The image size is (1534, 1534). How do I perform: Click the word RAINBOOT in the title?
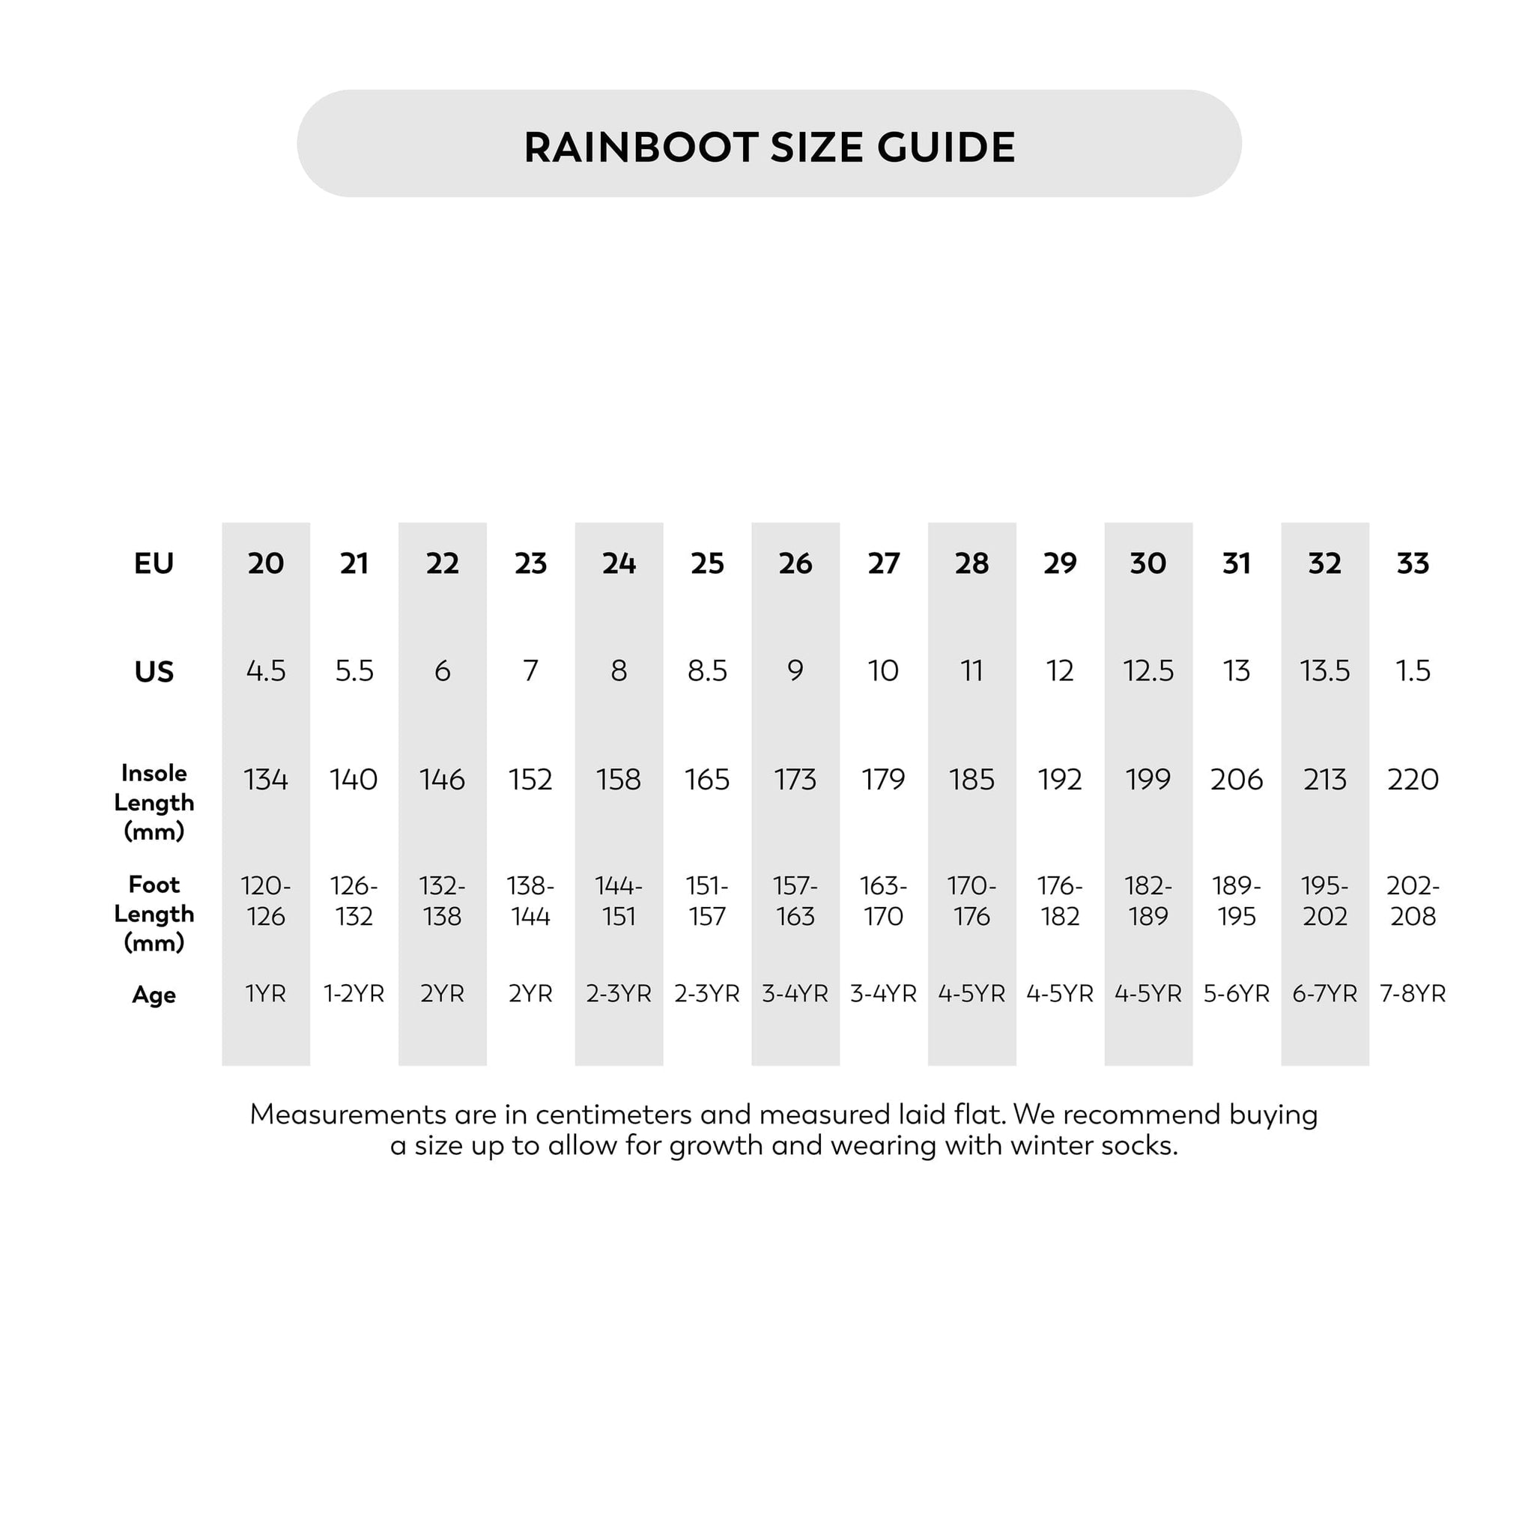click(640, 148)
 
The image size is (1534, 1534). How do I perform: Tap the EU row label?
click(154, 564)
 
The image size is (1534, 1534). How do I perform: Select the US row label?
click(154, 672)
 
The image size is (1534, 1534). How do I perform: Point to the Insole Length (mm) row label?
click(154, 802)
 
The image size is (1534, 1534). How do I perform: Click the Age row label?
click(154, 995)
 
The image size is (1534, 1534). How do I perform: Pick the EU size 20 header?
click(265, 564)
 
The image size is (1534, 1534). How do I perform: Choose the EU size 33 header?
click(1413, 564)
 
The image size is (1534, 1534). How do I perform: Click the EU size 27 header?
click(883, 564)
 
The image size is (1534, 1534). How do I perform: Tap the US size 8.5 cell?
click(706, 671)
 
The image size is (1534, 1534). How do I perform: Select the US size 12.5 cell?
click(1148, 671)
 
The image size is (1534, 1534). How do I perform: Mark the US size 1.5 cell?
click(1413, 671)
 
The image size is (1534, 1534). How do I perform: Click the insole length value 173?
click(795, 780)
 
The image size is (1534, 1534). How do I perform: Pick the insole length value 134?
click(265, 780)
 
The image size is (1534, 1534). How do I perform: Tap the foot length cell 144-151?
click(619, 901)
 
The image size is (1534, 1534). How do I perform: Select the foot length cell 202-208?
click(1413, 901)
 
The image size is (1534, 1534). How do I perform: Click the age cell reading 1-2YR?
click(354, 993)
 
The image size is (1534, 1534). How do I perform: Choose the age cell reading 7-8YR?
click(1413, 993)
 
